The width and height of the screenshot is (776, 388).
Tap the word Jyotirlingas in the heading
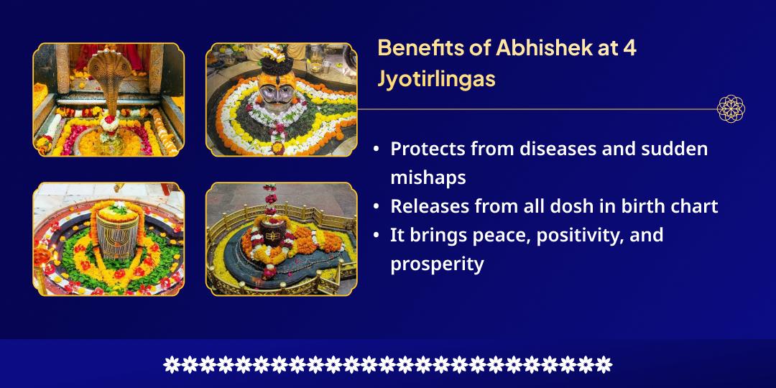tap(436, 79)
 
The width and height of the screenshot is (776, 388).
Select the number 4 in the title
tap(629, 48)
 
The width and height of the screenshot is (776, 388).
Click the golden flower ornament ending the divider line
tap(731, 109)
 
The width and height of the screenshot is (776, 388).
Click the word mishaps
tap(428, 177)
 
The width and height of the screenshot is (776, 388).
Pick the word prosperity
tap(437, 264)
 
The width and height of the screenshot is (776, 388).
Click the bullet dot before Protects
tap(377, 149)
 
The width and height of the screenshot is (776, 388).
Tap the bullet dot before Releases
tap(377, 207)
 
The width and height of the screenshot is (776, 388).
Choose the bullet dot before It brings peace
tap(377, 236)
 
